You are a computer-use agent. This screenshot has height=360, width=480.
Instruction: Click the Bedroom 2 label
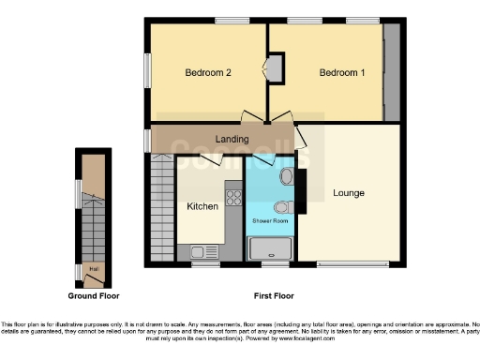pos(208,73)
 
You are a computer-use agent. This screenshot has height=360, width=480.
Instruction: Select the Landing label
pos(232,140)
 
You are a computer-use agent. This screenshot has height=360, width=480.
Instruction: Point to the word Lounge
pos(348,193)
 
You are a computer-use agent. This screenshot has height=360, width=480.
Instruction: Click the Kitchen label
pos(202,206)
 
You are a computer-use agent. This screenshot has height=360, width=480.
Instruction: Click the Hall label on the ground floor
pos(93,270)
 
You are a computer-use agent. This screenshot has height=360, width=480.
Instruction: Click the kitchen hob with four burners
pos(232,198)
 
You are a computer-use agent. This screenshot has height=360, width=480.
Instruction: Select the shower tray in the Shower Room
pos(270,248)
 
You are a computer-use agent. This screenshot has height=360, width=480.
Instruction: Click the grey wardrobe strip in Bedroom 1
pos(391,71)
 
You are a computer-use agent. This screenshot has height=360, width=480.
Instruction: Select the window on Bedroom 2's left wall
pos(146,71)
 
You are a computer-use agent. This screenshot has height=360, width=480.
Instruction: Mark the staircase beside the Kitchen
pos(162,208)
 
